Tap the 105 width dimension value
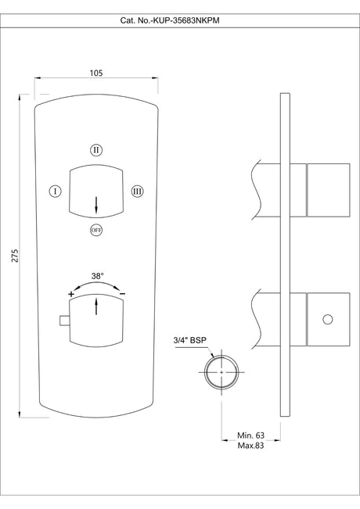coord(96,73)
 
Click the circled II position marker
coord(95,149)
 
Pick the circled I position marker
coord(55,191)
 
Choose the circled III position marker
coord(137,191)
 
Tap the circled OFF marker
coord(95,230)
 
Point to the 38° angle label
coord(97,276)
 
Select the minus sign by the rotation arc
coord(122,293)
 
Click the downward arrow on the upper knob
coord(95,205)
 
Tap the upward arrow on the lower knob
coord(95,306)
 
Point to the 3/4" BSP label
coord(190,340)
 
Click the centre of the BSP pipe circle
coord(221,372)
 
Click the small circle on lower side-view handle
coord(327,319)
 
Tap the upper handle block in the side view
coord(329,191)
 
